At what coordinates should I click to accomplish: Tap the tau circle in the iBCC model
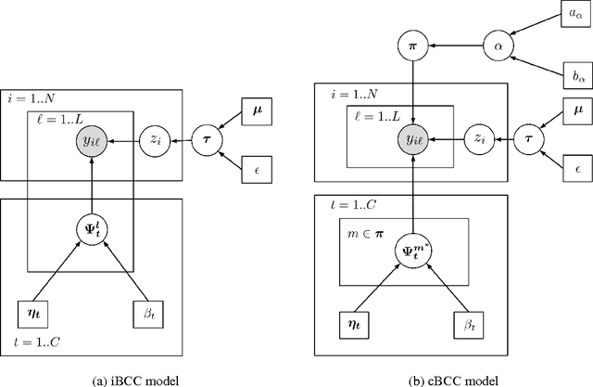pos(207,140)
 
